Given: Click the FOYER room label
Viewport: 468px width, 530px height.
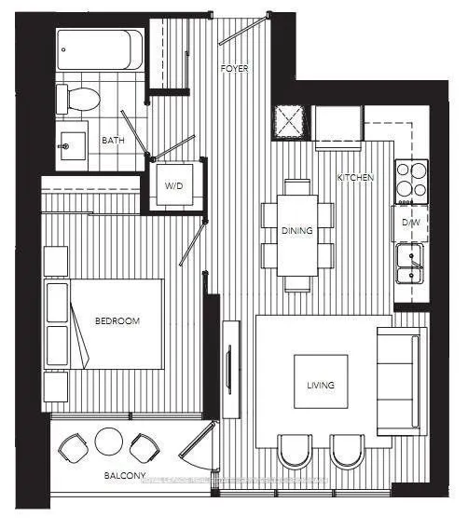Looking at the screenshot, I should (233, 69).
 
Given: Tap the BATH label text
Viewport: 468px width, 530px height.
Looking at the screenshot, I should (113, 141).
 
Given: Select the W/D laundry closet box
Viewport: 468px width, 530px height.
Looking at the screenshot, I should (174, 185).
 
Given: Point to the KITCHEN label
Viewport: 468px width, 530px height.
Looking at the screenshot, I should (355, 177).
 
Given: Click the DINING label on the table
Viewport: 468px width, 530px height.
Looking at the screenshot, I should (297, 231).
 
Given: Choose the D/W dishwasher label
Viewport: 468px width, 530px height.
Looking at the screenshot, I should (409, 224).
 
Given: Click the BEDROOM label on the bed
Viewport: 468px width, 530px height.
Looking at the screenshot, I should (117, 321).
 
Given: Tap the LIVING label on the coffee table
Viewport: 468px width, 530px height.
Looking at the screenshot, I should (321, 385).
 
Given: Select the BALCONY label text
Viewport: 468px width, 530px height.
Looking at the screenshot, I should (124, 476).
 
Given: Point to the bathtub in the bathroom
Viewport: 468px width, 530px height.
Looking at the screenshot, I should (100, 48).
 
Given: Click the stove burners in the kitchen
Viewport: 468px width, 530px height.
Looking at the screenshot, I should (411, 181).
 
